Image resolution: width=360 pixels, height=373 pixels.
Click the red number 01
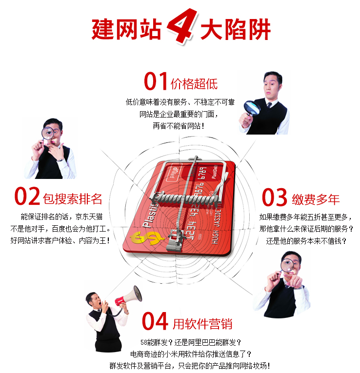tap(156, 82)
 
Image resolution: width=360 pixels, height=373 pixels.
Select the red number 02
tap(27, 196)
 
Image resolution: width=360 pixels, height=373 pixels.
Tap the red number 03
tap(275, 197)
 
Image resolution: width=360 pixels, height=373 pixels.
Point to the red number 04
tap(156, 321)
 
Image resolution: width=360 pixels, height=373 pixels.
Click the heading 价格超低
tap(194, 83)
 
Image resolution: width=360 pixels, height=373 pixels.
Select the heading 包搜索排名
tap(73, 198)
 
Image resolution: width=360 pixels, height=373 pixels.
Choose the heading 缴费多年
tap(316, 198)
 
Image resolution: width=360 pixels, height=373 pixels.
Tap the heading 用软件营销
tap(202, 323)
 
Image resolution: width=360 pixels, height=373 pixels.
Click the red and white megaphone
tap(128, 295)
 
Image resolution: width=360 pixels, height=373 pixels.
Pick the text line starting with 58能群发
tap(190, 342)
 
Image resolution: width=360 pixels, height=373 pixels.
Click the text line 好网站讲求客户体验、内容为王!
tap(59, 240)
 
